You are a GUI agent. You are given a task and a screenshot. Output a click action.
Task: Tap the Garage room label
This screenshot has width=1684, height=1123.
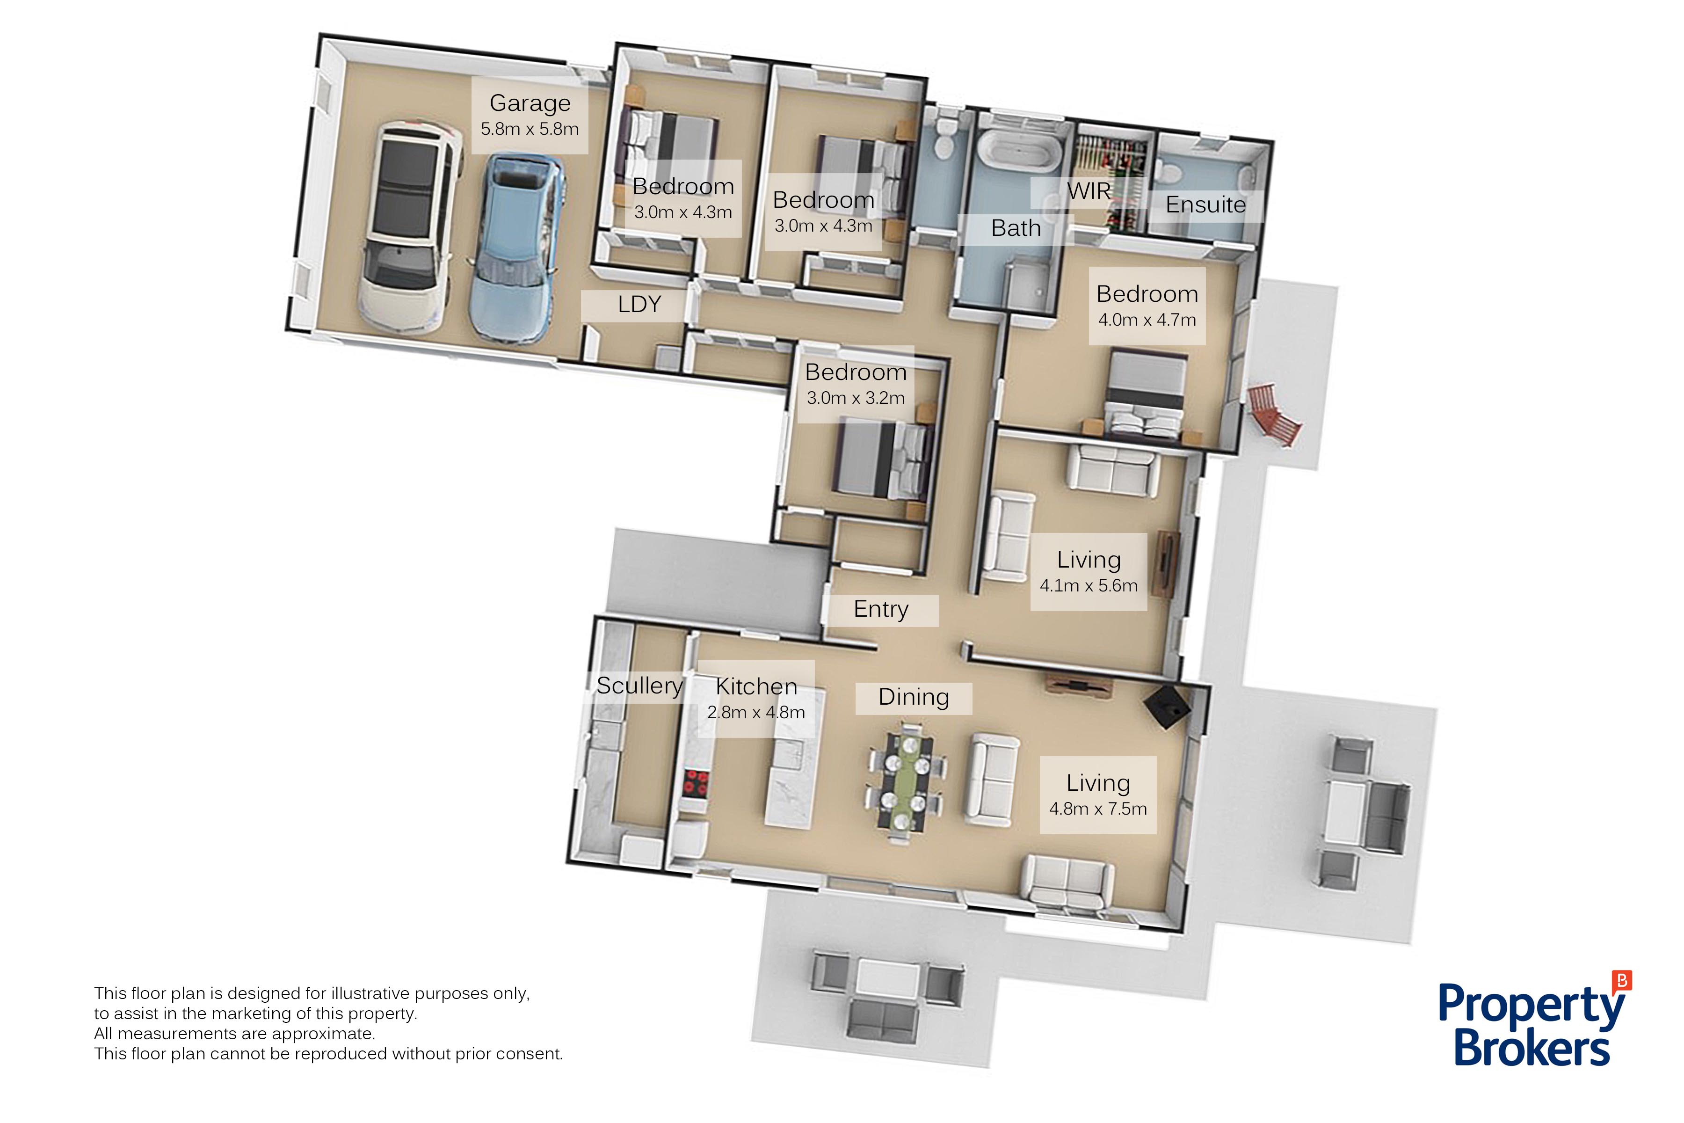tap(530, 103)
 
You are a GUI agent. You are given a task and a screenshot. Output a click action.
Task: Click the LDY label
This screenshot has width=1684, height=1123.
tap(639, 305)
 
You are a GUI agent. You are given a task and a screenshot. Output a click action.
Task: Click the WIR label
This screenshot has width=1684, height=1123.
tap(1089, 191)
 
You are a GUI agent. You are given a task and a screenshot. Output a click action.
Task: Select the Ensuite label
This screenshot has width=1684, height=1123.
tap(1206, 205)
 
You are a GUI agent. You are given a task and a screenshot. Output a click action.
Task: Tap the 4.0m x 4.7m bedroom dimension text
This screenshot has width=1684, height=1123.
tap(1147, 320)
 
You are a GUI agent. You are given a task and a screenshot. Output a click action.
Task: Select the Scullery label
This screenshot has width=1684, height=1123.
tap(639, 686)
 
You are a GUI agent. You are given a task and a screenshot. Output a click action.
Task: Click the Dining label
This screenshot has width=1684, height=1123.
tap(914, 697)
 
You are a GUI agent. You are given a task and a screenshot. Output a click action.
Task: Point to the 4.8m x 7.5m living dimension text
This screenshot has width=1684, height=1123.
tap(1097, 809)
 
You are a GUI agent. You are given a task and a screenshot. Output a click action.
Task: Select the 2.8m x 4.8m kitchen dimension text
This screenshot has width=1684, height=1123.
tap(756, 713)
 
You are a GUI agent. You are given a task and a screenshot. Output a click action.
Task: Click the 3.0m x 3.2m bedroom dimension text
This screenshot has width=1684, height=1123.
tap(856, 398)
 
